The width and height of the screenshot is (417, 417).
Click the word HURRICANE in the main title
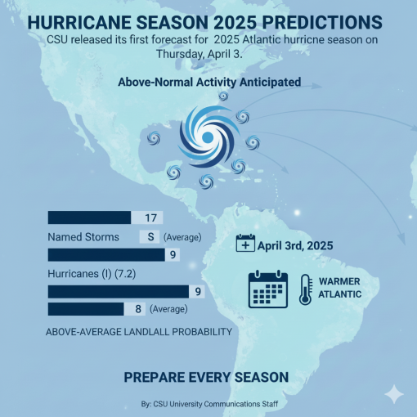click(x=91, y=20)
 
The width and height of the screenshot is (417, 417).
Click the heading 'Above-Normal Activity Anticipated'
click(x=208, y=83)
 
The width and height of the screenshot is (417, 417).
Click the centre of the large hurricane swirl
click(x=206, y=137)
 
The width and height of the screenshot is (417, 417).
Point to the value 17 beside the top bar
click(x=150, y=217)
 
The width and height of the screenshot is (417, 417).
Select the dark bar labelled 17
click(x=90, y=217)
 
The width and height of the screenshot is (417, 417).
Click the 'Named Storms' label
click(x=84, y=237)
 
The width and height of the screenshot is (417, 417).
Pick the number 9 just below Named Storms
click(x=173, y=255)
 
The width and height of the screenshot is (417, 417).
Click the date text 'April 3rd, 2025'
click(x=295, y=244)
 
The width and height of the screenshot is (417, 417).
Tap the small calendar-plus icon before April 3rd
click(x=244, y=244)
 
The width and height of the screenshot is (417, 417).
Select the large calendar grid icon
click(x=268, y=289)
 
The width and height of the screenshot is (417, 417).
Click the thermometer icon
click(x=305, y=289)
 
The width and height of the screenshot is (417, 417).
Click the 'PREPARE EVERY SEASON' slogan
click(x=205, y=377)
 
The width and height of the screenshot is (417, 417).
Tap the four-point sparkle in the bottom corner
click(x=394, y=393)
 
